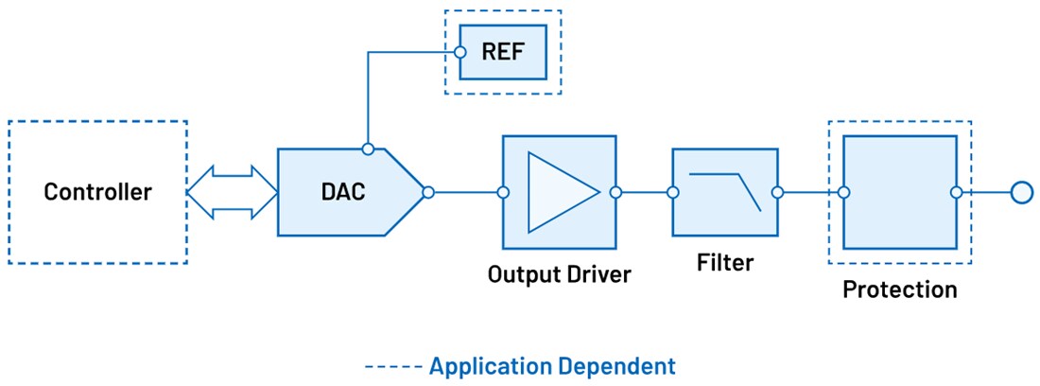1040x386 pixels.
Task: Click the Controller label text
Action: [97, 192]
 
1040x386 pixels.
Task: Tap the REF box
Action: [502, 51]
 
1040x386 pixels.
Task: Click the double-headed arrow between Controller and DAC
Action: [232, 192]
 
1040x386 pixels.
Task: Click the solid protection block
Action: [900, 192]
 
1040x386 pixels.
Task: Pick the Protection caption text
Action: [899, 289]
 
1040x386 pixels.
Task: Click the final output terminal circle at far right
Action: [1020, 192]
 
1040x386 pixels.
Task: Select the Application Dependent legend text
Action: [552, 366]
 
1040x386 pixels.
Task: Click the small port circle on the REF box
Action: [460, 51]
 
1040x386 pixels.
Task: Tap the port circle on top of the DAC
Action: [368, 149]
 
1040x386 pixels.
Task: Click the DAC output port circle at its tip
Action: [428, 192]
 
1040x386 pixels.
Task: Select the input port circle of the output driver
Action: [503, 192]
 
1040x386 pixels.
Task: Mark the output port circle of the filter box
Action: [777, 192]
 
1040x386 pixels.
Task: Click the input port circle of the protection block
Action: [843, 192]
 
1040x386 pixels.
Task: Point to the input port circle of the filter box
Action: [673, 192]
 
